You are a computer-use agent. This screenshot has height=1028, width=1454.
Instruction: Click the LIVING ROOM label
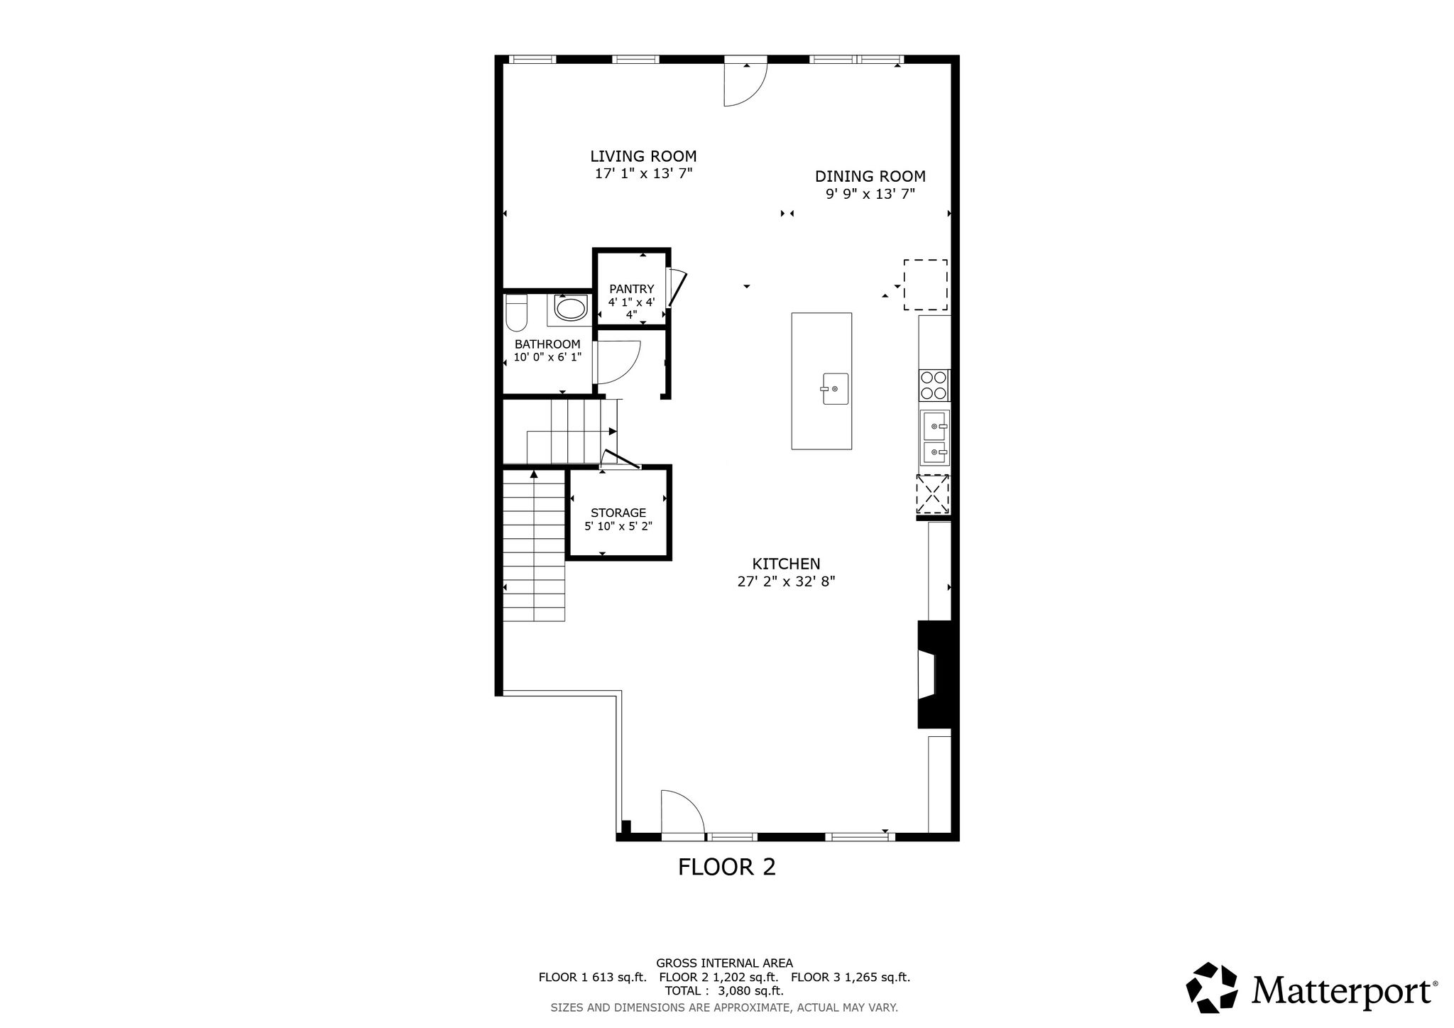pos(643,156)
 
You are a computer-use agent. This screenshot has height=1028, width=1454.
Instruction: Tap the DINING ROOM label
pos(870,176)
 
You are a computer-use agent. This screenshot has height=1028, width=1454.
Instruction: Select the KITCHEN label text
pos(786,564)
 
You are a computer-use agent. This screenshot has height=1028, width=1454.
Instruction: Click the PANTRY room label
pos(631,289)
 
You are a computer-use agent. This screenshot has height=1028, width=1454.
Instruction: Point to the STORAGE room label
pos(618,513)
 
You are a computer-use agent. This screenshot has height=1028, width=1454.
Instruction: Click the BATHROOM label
pos(547,344)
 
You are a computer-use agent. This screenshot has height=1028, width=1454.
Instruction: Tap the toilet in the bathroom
pos(515,313)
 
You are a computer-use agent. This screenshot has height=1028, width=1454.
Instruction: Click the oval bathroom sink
pos(570,309)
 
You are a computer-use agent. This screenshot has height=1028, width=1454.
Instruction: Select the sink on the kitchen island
pos(835,388)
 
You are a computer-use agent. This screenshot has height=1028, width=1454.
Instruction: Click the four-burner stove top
pos(934,385)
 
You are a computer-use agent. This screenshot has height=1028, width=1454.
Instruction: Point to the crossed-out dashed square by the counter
pos(933,493)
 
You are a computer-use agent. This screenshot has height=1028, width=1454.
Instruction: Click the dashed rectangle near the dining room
pos(925,285)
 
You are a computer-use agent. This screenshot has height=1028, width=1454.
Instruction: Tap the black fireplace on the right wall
pos(937,674)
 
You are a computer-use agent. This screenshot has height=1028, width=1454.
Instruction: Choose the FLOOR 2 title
pos(727,867)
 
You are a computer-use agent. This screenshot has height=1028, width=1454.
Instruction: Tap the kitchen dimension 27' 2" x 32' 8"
pos(786,581)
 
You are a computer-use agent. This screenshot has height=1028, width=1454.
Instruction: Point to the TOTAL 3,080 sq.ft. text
pos(724,990)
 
